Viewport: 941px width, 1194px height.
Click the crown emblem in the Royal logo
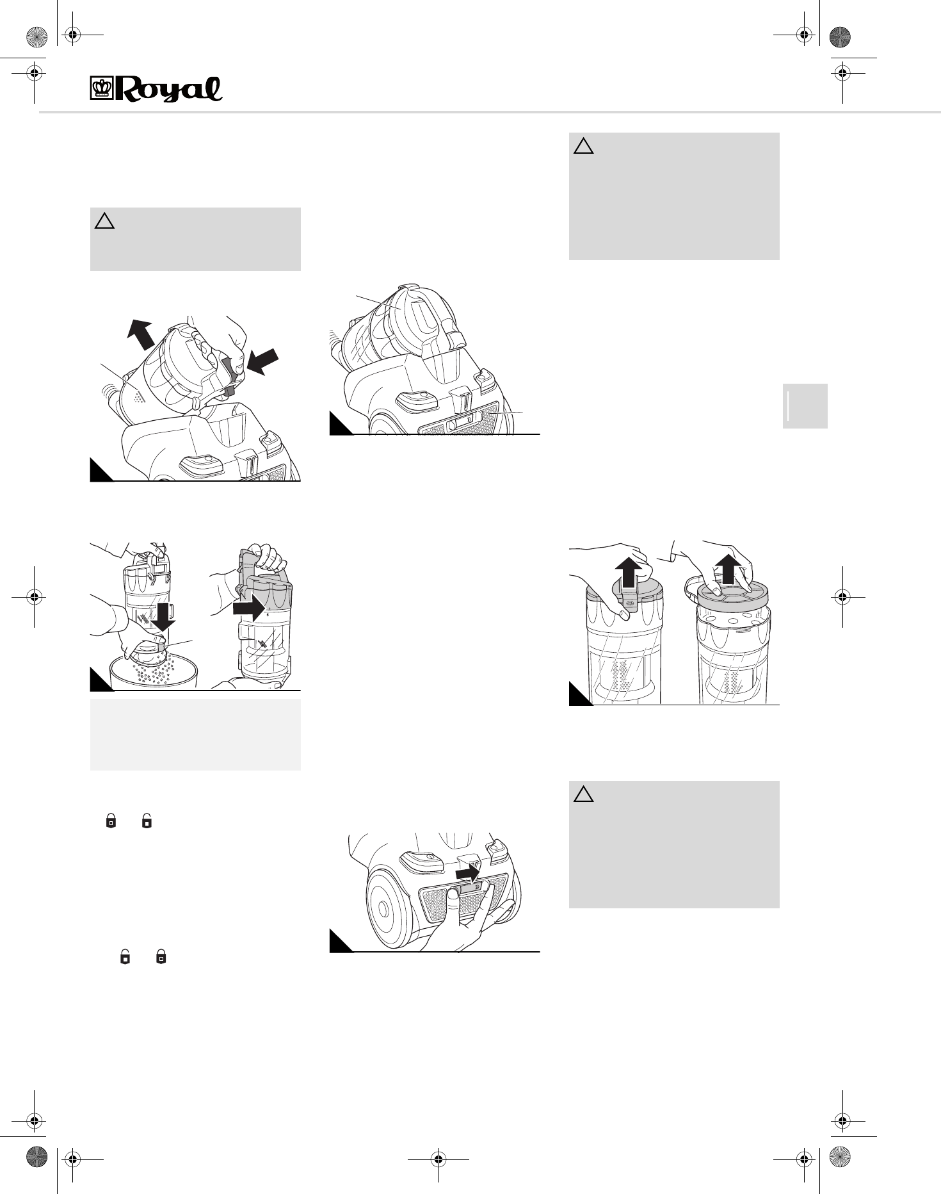tap(101, 88)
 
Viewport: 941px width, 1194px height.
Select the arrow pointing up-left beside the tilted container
tap(141, 334)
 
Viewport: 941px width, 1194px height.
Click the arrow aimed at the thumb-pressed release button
tap(263, 361)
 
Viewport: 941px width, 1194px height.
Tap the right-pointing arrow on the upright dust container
tap(248, 607)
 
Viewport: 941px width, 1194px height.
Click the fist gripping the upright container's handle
tap(264, 553)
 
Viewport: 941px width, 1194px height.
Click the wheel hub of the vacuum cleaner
tap(383, 908)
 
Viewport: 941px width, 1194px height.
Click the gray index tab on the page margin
tap(805, 405)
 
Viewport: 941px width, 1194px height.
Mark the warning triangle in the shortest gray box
tap(104, 222)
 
